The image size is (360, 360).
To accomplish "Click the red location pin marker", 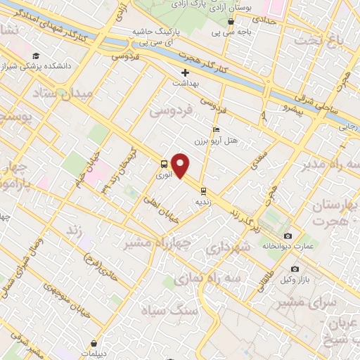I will pos(181,166).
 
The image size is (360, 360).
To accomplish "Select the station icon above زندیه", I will pos(203,190).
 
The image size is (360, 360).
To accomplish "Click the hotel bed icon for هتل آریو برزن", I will pos(216,129).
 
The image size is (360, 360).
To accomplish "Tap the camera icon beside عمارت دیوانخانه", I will pos(288,236).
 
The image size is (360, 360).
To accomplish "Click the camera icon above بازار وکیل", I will pos(294,269).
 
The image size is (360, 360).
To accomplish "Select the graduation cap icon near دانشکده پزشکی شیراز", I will pos(35,56).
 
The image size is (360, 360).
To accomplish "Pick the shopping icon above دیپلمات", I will pos(94,344).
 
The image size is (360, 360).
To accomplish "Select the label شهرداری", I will pos(227,249).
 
